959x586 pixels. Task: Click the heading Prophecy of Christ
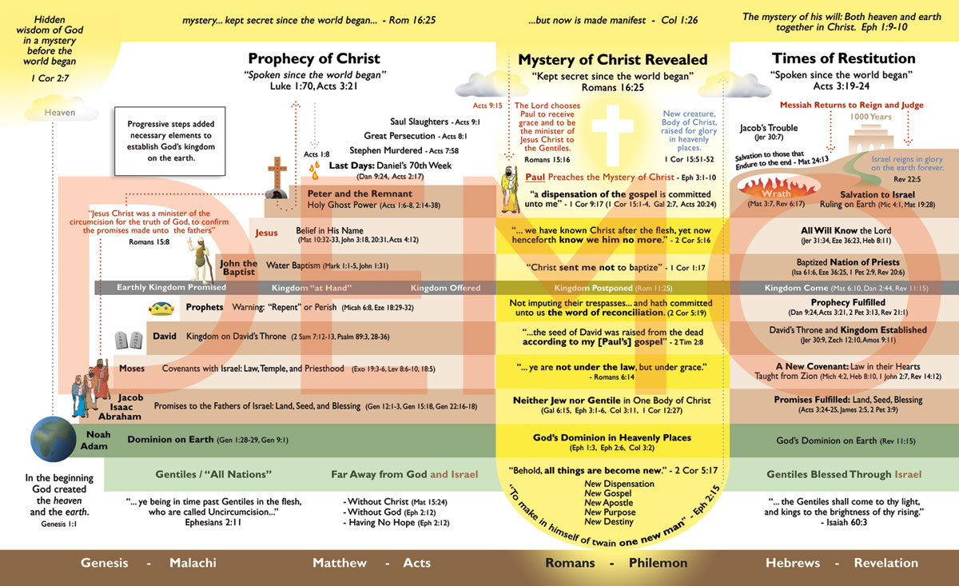point(313,58)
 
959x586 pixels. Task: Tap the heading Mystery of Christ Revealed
point(612,60)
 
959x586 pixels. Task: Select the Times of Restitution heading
point(843,58)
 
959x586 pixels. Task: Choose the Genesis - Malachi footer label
point(149,563)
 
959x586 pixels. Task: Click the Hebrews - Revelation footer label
point(842,563)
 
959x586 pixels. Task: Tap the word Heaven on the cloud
point(60,113)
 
